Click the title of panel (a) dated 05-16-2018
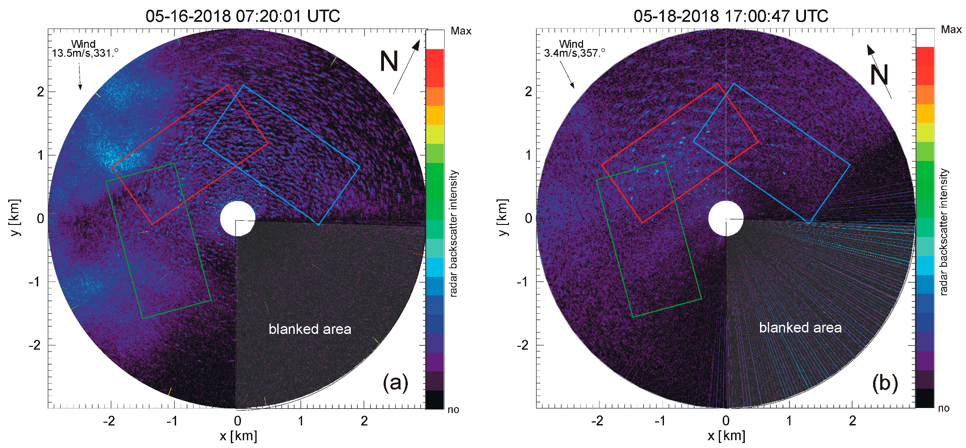tap(243, 16)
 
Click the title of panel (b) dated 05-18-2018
tap(731, 16)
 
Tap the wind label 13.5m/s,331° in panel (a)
tap(85, 49)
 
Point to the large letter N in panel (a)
tap(389, 61)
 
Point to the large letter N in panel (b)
tap(879, 75)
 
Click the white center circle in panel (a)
tap(238, 218)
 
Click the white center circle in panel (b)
tap(726, 218)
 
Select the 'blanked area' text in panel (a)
tap(310, 329)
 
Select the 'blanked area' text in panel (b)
tap(800, 328)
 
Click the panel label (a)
tap(395, 383)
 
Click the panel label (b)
tap(885, 383)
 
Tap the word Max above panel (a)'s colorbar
tap(461, 31)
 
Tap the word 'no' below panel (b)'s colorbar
tap(943, 408)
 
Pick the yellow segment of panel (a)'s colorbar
tap(435, 115)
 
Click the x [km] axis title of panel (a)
tap(238, 436)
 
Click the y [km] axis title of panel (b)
tap(503, 218)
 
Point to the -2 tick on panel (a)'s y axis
tap(35, 345)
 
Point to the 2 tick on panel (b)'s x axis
tap(852, 420)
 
